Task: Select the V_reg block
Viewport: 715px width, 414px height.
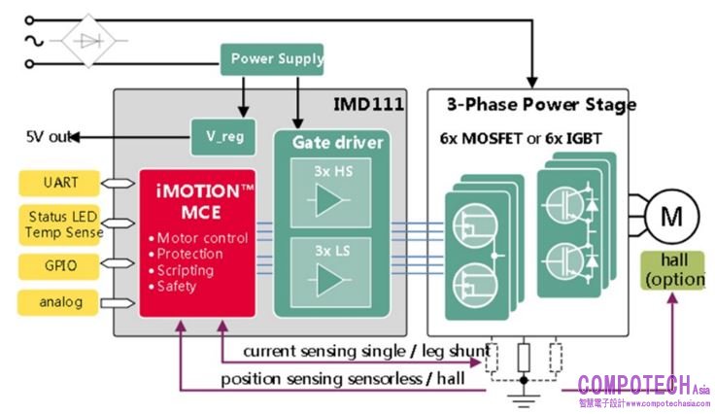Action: pos(224,137)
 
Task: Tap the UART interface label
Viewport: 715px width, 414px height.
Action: pos(60,182)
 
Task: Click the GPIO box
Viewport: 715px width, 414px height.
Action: pos(60,264)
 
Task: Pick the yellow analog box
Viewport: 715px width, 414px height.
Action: pos(60,302)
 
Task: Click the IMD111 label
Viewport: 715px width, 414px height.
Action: pos(368,102)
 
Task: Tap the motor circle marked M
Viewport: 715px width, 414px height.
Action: pos(671,217)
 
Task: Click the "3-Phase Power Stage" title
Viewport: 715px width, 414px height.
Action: pos(541,104)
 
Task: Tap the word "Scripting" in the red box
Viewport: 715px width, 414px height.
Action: pos(187,270)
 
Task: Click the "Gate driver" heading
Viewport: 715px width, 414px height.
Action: pos(338,143)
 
